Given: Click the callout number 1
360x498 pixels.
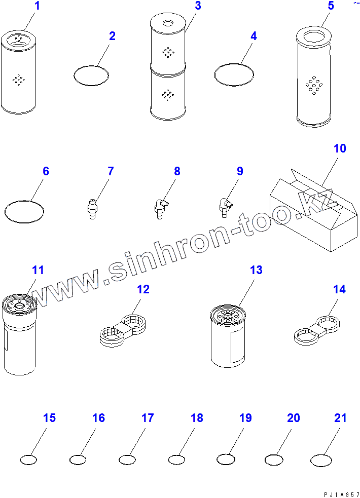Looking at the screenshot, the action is [x=37, y=6].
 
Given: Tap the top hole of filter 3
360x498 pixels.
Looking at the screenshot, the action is [x=167, y=23].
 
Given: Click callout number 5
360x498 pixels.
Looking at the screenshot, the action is [x=331, y=6].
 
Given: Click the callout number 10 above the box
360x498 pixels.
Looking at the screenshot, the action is [x=340, y=148].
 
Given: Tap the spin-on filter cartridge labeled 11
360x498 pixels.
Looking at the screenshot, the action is [x=19, y=334].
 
